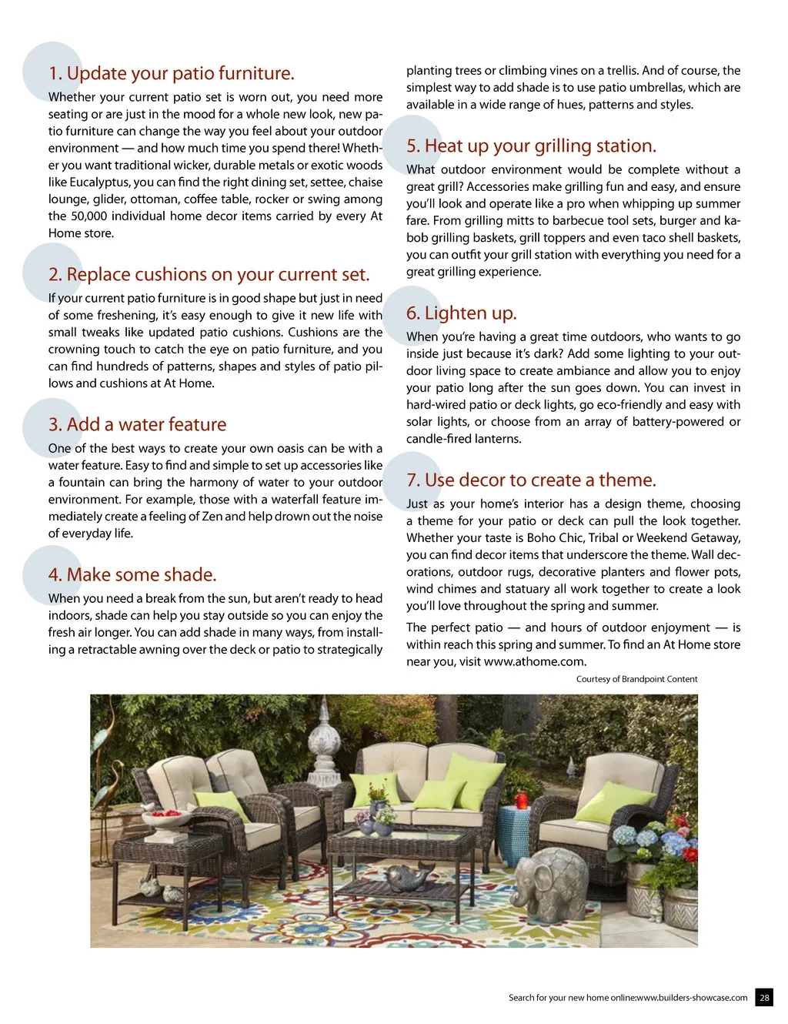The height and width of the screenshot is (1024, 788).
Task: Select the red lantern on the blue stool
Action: pos(522,801)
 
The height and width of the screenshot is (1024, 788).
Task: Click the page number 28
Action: pos(764,997)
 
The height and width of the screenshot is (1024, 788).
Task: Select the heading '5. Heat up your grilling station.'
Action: pos(531,146)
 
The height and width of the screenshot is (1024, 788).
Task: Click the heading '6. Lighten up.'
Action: pos(462,313)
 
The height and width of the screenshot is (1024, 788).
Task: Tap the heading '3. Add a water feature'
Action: pos(137,425)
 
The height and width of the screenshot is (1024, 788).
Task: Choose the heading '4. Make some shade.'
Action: pos(132,575)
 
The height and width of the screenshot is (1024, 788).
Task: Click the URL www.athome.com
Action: pos(534,661)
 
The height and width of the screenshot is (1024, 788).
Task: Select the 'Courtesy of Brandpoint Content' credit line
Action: pos(636,679)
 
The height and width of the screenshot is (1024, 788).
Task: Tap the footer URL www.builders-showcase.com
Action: pos(692,998)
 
